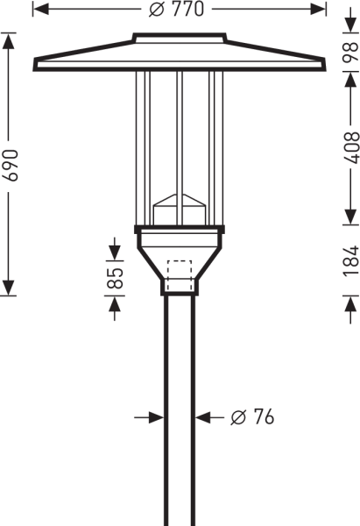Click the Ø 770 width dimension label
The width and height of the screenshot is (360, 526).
(176, 9)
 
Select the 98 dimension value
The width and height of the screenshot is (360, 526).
(350, 52)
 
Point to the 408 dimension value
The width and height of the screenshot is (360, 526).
(351, 147)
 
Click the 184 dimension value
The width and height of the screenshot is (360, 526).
(351, 261)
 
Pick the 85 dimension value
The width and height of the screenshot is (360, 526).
(115, 278)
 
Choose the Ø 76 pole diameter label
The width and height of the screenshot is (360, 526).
(252, 417)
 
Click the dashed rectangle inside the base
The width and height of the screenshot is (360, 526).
(180, 275)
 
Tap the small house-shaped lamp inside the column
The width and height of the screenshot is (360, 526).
(180, 209)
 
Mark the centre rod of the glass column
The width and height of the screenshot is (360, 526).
(180, 147)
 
